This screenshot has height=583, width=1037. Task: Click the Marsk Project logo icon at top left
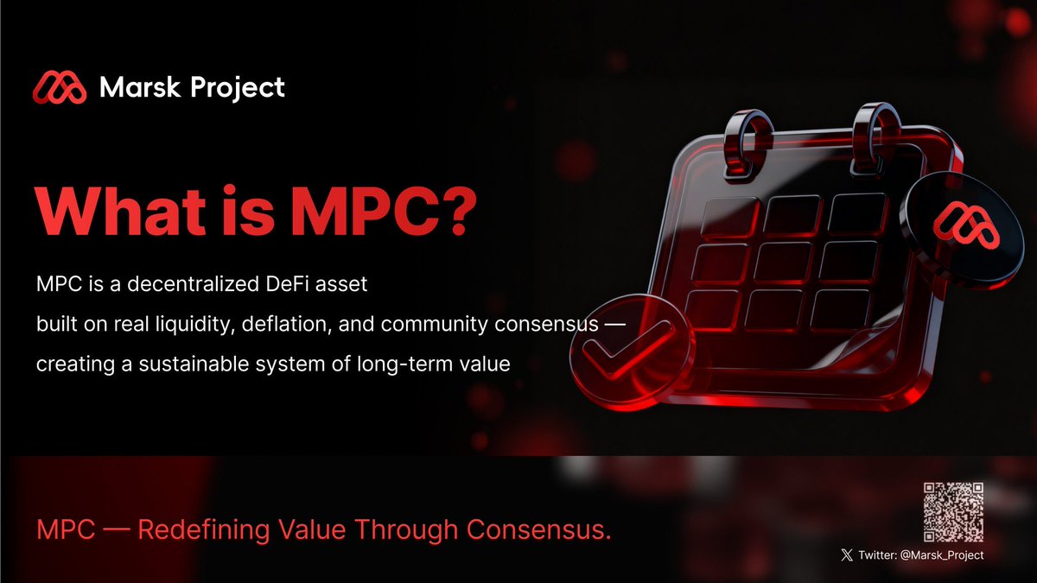(x=60, y=86)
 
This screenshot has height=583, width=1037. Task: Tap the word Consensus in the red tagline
(x=539, y=529)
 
